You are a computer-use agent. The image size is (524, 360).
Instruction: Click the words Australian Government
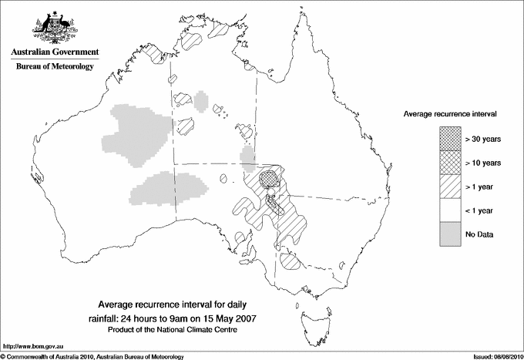point(54,52)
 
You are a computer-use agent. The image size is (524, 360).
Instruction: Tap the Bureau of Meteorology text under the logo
point(55,67)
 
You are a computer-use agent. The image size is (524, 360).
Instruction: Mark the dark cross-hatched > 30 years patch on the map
point(269,179)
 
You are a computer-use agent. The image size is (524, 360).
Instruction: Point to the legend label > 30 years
point(482,138)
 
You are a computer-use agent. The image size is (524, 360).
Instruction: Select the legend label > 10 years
point(482,162)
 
